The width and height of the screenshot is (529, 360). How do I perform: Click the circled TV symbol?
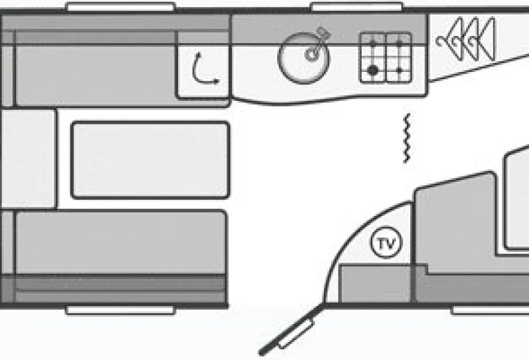click(x=387, y=242)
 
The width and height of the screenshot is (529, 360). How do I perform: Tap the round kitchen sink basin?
click(x=303, y=58)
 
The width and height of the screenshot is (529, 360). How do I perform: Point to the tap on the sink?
click(x=317, y=43)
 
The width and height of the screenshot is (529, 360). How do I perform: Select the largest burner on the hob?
click(x=372, y=70)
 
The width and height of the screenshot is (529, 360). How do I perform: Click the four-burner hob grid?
click(x=386, y=57)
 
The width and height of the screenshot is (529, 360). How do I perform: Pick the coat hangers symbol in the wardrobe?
click(x=466, y=39)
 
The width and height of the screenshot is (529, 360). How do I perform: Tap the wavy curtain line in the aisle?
click(x=407, y=139)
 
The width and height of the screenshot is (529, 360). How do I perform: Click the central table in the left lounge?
click(x=151, y=160)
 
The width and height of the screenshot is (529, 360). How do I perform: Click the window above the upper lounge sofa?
click(x=121, y=7)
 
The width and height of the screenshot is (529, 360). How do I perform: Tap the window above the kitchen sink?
click(x=357, y=7)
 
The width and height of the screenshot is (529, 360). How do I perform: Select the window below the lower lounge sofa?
click(x=121, y=310)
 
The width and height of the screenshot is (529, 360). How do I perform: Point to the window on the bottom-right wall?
click(x=490, y=310)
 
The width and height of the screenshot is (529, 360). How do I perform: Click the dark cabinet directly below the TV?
click(x=375, y=284)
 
